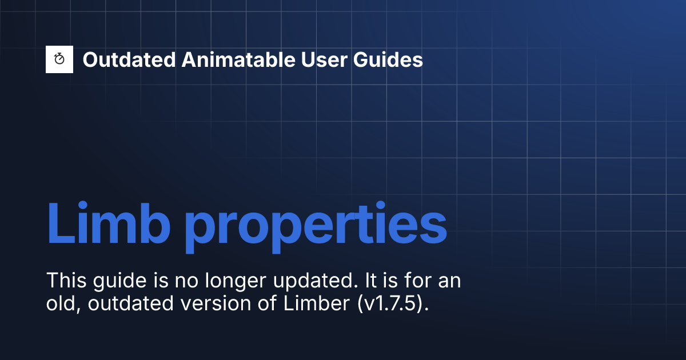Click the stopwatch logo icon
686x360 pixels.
coord(59,59)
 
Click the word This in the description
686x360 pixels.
coord(65,281)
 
